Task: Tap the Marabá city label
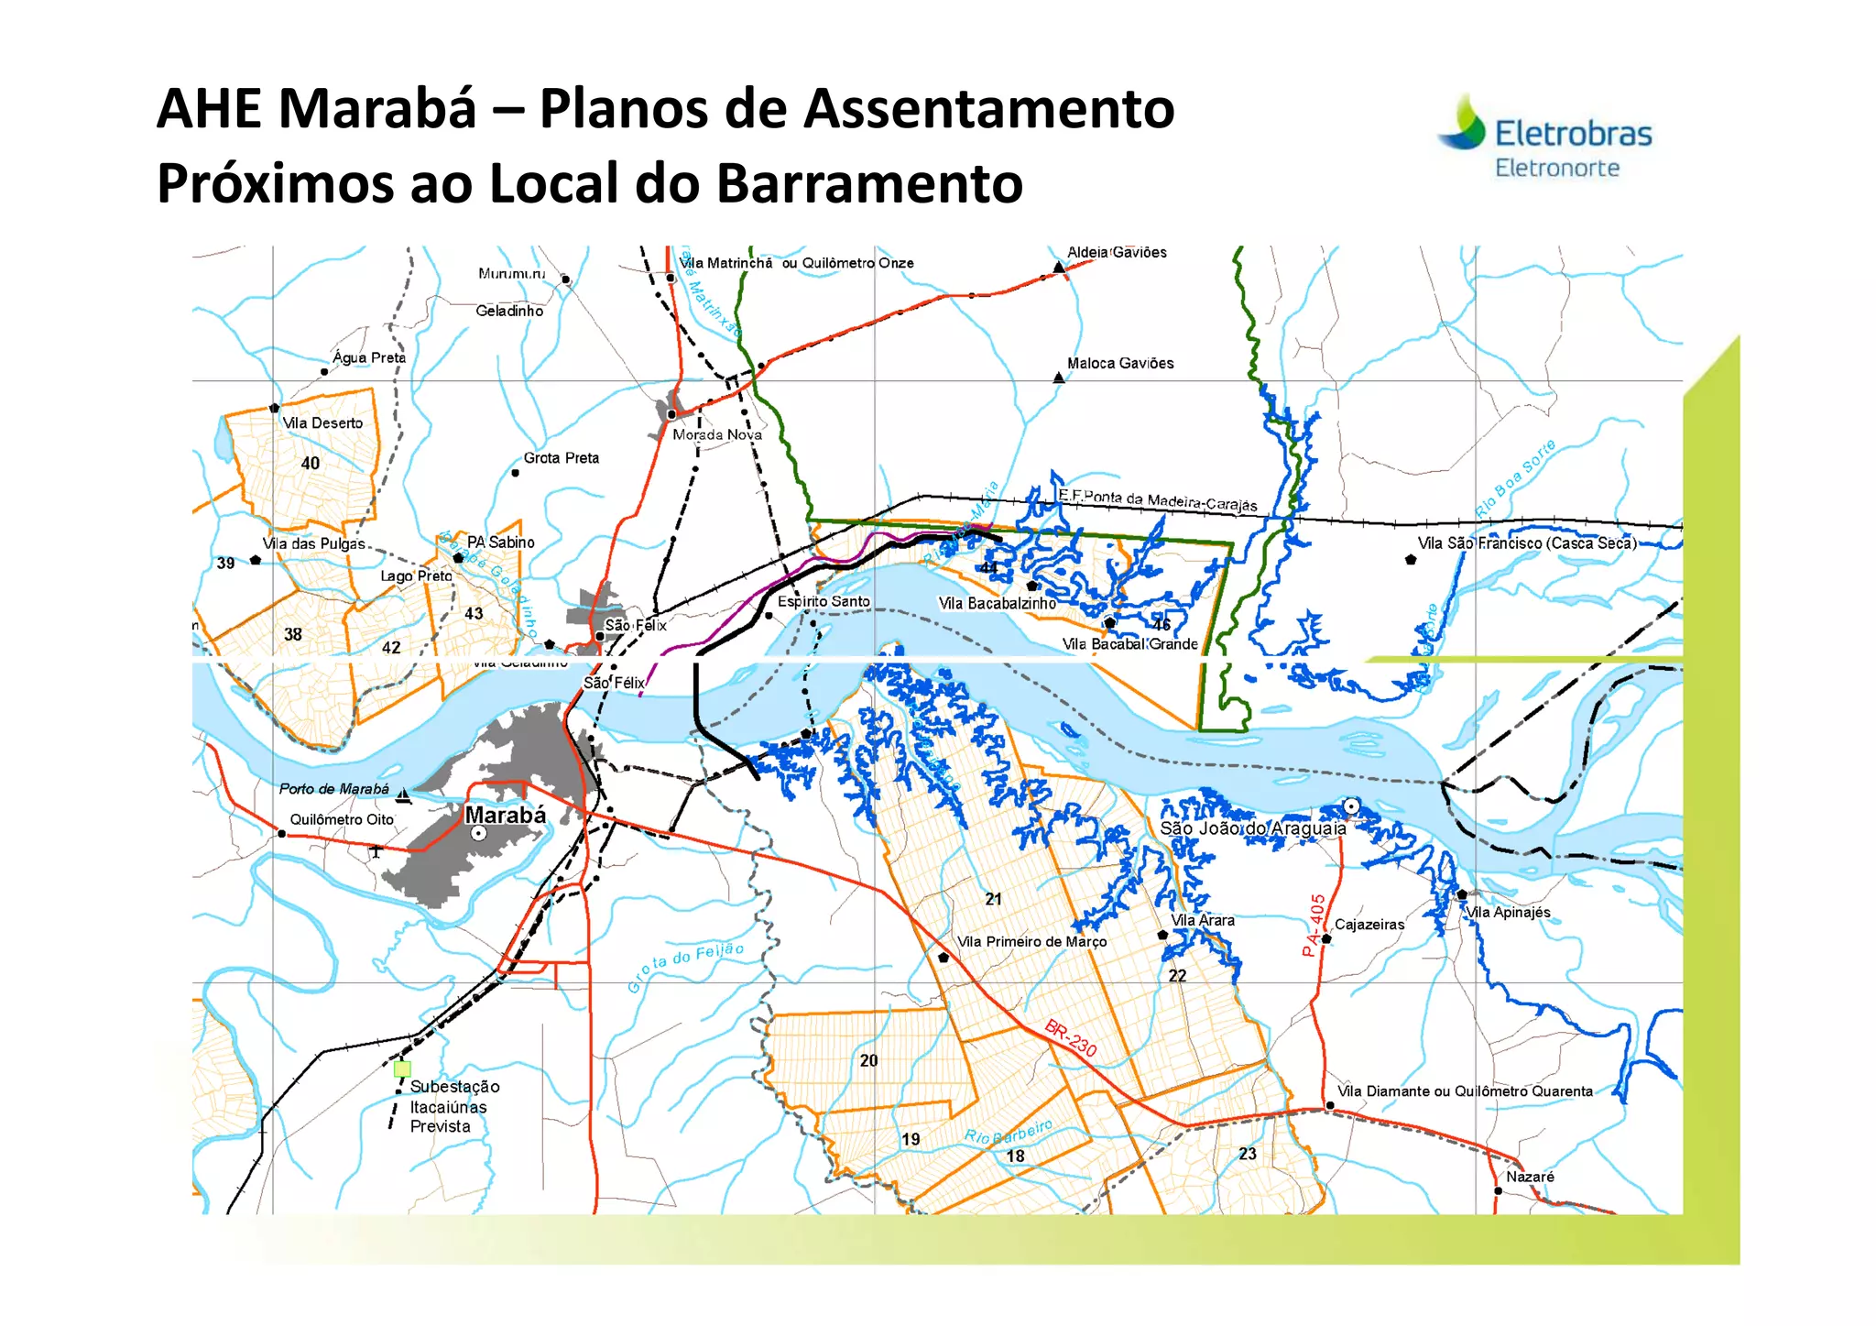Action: [505, 815]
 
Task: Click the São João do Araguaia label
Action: [1252, 828]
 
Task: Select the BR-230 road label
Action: [1071, 1037]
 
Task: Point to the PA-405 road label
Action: [1314, 926]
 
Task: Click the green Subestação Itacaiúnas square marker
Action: [402, 1068]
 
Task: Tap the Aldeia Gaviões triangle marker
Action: [1059, 267]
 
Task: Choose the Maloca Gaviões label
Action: [1119, 364]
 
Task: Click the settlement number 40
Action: [311, 464]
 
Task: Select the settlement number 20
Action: [868, 1061]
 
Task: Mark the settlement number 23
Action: [1248, 1154]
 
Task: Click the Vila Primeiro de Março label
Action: [1031, 942]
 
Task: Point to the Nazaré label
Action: [1530, 1177]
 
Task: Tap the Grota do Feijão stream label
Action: [685, 966]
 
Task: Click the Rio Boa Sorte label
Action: [1515, 478]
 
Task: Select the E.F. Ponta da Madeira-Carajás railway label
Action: [1158, 500]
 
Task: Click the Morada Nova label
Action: [717, 434]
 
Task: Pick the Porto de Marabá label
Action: [333, 789]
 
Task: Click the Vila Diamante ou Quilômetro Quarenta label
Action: [1465, 1091]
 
